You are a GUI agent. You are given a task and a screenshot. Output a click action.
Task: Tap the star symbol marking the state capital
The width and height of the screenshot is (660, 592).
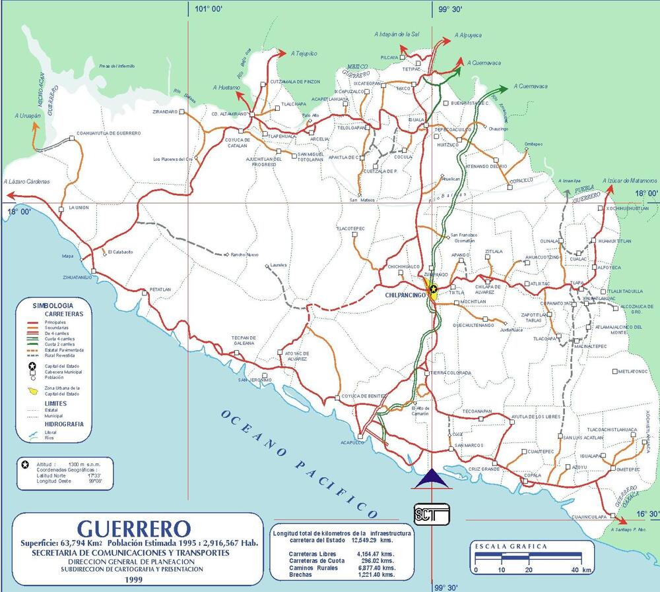433,289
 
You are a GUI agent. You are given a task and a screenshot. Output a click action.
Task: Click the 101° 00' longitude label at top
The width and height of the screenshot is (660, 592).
209,9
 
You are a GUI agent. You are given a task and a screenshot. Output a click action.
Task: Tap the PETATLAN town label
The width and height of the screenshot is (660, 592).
160,289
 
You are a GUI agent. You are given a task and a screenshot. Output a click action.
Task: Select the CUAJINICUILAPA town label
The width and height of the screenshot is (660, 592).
589,517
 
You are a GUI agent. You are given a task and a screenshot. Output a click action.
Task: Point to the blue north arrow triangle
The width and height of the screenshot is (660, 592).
431,479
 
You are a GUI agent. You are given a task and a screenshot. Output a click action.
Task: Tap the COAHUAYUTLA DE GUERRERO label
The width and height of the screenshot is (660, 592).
109,133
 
